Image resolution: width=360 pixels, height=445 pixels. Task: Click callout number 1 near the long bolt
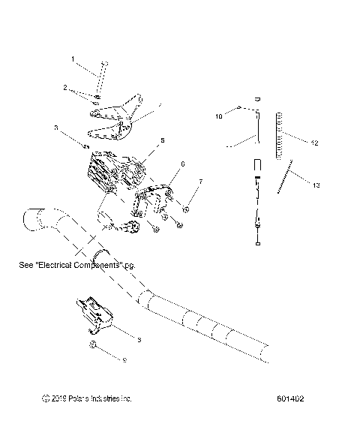click(x=73, y=59)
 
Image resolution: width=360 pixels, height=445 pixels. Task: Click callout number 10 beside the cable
click(x=219, y=117)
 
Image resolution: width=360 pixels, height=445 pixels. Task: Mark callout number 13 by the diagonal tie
click(x=315, y=185)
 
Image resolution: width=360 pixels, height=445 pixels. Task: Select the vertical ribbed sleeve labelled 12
click(x=282, y=134)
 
